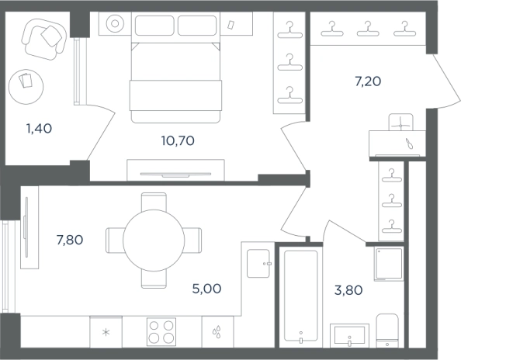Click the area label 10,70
(178, 140)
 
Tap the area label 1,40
(39, 128)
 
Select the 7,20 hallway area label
(368, 81)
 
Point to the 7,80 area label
(70, 240)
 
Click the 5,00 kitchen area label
(207, 289)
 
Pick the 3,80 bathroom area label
(348, 290)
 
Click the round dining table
(154, 241)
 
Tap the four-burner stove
(161, 331)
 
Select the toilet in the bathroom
(387, 331)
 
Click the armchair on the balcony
(44, 39)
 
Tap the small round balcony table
(26, 87)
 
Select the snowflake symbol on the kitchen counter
(106, 332)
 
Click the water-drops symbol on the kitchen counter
(217, 331)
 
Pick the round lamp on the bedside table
(115, 23)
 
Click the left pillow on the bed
(154, 26)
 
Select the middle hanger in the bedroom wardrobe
(289, 63)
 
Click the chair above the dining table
(154, 202)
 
